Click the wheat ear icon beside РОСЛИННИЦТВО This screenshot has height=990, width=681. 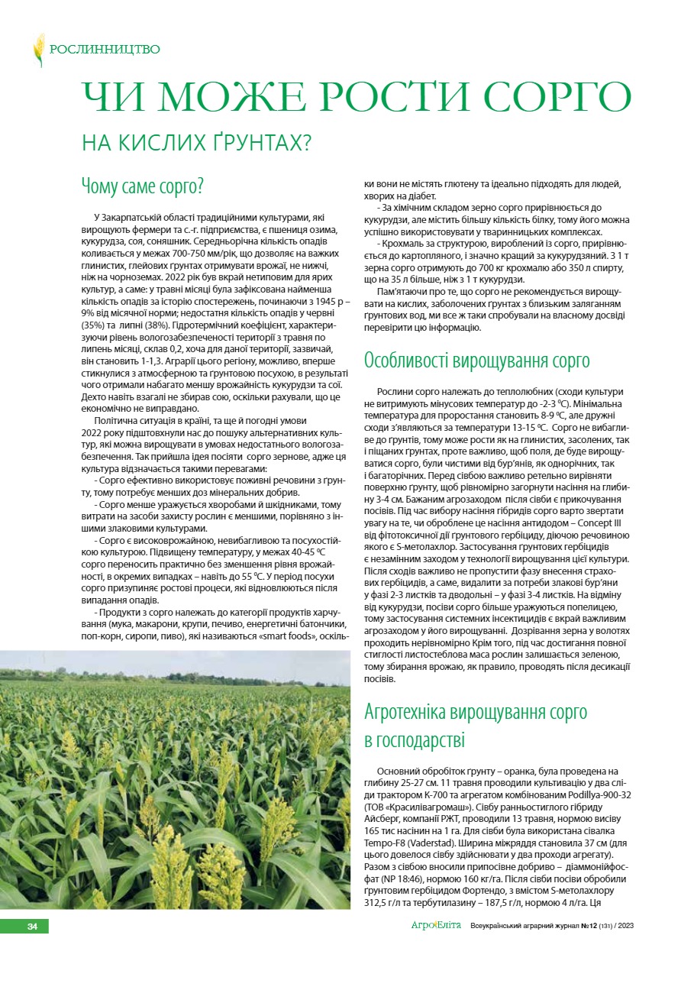[x=38, y=50]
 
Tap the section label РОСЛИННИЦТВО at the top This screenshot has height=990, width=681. [x=105, y=50]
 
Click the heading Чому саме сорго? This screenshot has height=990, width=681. [x=142, y=186]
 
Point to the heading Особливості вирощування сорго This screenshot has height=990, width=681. [x=477, y=360]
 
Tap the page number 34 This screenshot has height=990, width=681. [x=32, y=927]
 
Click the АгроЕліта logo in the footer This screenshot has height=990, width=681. [x=436, y=926]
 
